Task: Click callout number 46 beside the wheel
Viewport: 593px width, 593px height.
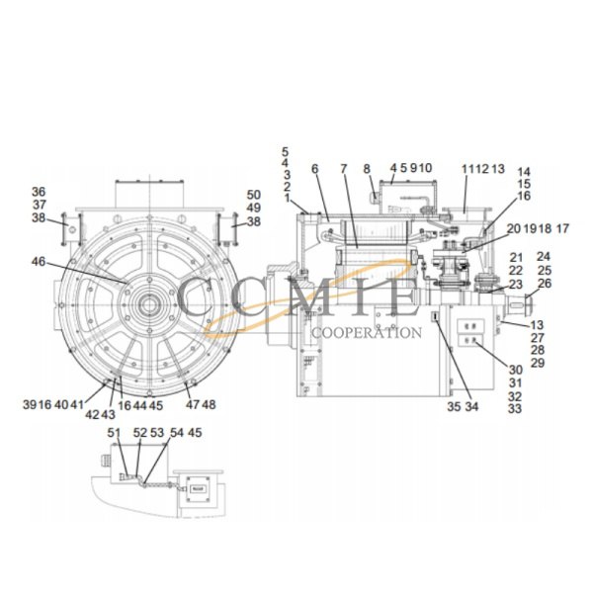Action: click(39, 263)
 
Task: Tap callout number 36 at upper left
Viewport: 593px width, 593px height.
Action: click(39, 192)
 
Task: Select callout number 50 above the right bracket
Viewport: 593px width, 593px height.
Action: click(254, 195)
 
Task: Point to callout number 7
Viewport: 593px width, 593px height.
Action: click(343, 169)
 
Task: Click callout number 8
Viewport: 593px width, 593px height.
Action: click(367, 169)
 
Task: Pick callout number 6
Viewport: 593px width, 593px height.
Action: click(314, 169)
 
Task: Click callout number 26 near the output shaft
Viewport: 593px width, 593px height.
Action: click(545, 284)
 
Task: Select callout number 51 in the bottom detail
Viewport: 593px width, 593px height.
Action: click(114, 432)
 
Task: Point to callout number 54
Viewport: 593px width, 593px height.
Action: click(176, 432)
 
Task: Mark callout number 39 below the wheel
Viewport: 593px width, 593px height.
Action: click(29, 404)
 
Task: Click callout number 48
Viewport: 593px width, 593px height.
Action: click(210, 404)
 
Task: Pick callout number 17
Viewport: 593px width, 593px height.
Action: click(563, 228)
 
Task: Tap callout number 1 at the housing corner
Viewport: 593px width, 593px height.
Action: click(287, 199)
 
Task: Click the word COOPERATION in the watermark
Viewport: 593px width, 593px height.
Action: click(366, 332)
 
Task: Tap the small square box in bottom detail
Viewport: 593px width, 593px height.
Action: click(196, 487)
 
